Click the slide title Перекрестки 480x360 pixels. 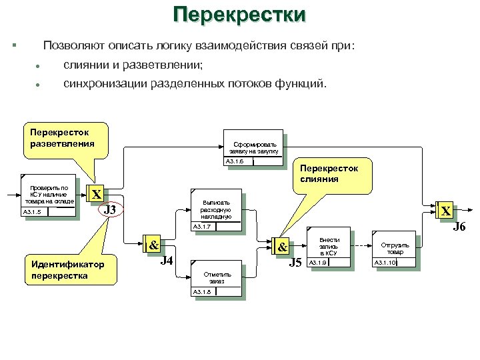(x=239, y=15)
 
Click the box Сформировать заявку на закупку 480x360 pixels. (x=254, y=147)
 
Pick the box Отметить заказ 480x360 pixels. (x=217, y=277)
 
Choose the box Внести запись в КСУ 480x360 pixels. (x=329, y=248)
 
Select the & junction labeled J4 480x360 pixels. (x=152, y=245)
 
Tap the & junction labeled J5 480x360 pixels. (x=281, y=246)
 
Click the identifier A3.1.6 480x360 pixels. (x=235, y=161)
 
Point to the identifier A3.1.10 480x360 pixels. (x=385, y=263)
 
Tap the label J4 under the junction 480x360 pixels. (x=167, y=260)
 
